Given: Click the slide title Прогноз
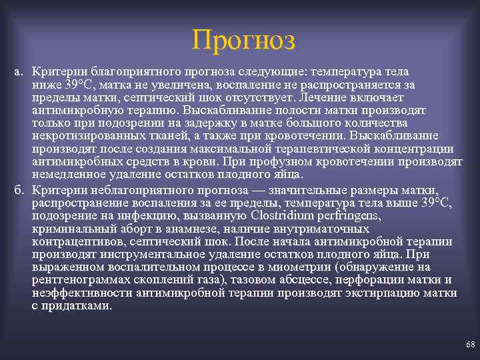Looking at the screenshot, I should coord(242,40).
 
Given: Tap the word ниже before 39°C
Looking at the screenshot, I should coord(47,84).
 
